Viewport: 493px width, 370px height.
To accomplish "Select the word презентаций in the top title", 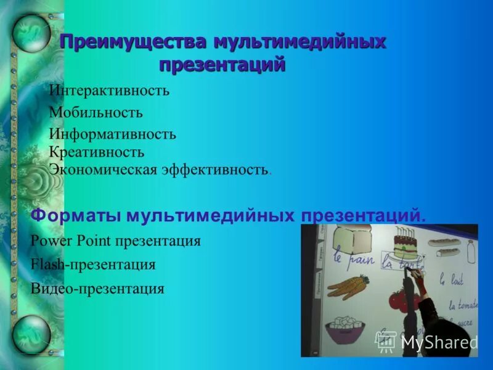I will (x=222, y=64).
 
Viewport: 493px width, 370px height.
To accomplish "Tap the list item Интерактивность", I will (x=109, y=91).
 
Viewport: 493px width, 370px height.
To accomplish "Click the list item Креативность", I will (x=97, y=151).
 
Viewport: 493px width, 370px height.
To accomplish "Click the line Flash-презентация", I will (x=92, y=265).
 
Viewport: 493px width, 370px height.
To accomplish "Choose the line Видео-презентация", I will (x=97, y=288).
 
